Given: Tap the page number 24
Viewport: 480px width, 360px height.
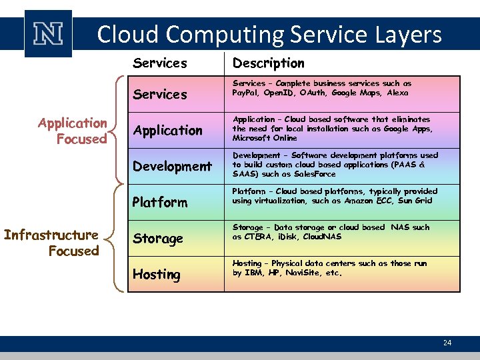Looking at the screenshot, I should coord(447,343).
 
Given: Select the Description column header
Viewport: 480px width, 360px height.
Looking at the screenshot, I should coord(268,63).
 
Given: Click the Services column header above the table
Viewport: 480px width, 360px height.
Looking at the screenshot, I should coord(160,63).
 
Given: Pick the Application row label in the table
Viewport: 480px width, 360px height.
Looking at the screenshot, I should coord(167,131).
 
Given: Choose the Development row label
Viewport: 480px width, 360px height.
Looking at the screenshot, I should coord(172,166).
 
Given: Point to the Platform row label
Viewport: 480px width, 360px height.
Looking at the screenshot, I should coord(160,202).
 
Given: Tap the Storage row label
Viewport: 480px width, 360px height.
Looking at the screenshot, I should coord(157,238).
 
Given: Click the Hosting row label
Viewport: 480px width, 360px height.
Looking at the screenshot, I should coord(157,274).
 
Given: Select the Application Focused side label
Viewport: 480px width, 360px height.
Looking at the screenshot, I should coord(72,131).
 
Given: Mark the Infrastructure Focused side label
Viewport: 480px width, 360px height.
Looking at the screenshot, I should coord(51,243).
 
